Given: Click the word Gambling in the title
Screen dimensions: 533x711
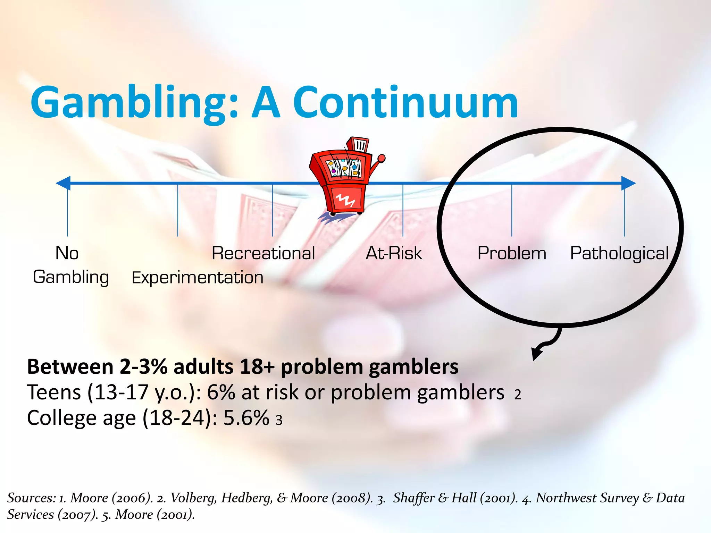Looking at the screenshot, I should pos(134,103).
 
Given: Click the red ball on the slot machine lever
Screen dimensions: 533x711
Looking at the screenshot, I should pos(382,159).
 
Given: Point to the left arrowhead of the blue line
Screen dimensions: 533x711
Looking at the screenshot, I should pos(64,183).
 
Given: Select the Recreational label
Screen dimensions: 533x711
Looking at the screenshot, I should pos(263,253).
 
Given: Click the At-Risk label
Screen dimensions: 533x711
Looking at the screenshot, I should pos(394,253).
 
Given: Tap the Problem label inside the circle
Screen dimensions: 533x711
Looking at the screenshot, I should pos(512,253).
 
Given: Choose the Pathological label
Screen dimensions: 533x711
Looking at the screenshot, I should pos(619,254).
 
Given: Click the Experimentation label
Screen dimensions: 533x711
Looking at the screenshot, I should pos(198,278).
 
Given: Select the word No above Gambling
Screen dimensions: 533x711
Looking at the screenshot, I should pos(67,253).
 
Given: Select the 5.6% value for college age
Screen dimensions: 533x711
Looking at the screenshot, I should pos(246,418).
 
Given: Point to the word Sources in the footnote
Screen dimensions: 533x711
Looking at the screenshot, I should pos(31,498).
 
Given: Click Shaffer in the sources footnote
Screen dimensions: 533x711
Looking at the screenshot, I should pos(413,498).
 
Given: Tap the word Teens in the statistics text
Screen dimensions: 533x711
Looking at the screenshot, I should pos(54,392).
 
